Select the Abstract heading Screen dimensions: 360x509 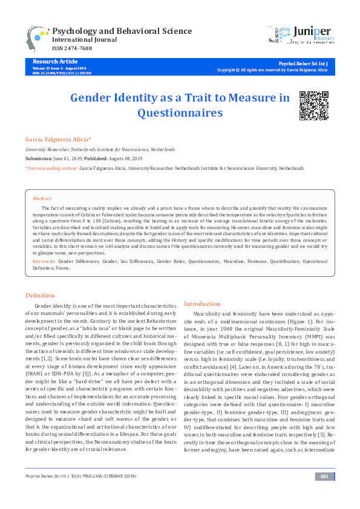[42, 198]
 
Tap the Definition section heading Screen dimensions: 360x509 [40, 295]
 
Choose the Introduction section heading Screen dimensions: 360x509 [202, 303]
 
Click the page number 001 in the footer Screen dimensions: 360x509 [325, 494]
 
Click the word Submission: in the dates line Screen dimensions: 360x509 [39, 158]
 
